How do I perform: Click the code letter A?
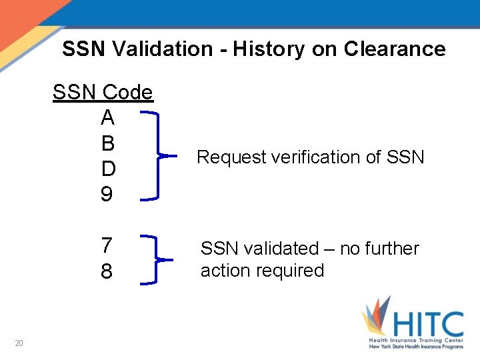pyautogui.click(x=107, y=118)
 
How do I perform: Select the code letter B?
pyautogui.click(x=108, y=143)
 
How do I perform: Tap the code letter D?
pyautogui.click(x=108, y=169)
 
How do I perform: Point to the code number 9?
pyautogui.click(x=107, y=195)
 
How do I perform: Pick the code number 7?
pyautogui.click(x=107, y=245)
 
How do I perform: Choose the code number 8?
pyautogui.click(x=107, y=271)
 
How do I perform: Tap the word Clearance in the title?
pyautogui.click(x=395, y=49)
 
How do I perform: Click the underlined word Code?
pyautogui.click(x=128, y=93)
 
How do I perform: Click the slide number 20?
pyautogui.click(x=19, y=343)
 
